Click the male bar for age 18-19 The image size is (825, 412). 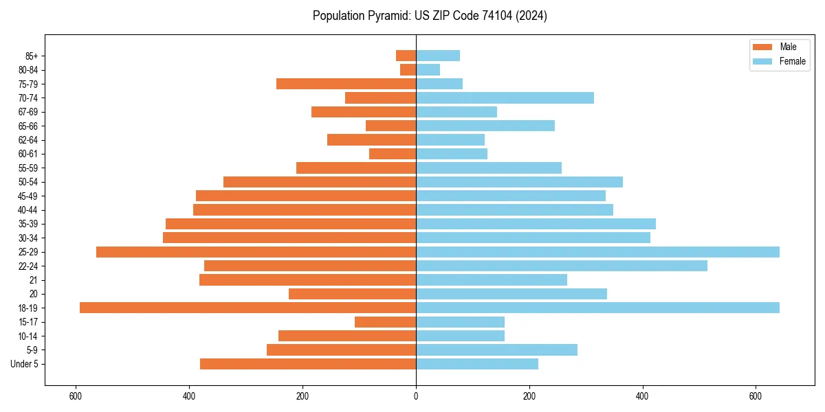[x=247, y=308]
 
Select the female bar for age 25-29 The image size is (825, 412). [x=597, y=252]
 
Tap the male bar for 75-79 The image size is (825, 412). [x=346, y=84]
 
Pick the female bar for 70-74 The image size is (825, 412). [x=505, y=98]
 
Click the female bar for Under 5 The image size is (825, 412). [x=477, y=364]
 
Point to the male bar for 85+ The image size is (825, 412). [x=406, y=56]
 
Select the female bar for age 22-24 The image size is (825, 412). [x=562, y=266]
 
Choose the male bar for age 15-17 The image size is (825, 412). [x=385, y=322]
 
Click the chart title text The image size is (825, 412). [x=430, y=16]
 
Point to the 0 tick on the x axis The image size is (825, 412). [x=416, y=396]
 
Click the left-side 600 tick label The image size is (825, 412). [x=76, y=396]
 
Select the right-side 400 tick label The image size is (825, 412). [x=642, y=396]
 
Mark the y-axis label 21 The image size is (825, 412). [x=33, y=280]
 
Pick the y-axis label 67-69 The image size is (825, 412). [x=27, y=112]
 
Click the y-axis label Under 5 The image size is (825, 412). [x=24, y=364]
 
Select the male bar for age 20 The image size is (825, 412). [x=352, y=294]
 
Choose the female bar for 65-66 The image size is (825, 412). [x=485, y=126]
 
